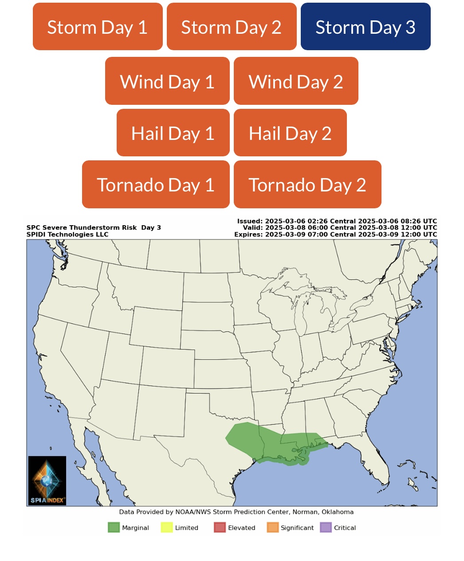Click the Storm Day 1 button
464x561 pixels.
[98, 27]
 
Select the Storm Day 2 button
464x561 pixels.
[232, 27]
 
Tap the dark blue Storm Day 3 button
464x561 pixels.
[366, 27]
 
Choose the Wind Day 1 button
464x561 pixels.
[167, 81]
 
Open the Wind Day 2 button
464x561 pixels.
[296, 81]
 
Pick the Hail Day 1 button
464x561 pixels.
[173, 133]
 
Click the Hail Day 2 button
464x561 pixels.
[290, 133]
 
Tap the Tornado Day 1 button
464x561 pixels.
[156, 184]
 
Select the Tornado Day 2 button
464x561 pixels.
[307, 184]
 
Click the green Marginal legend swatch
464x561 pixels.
[114, 527]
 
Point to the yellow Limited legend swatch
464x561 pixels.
[167, 527]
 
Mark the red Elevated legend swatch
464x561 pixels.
[220, 527]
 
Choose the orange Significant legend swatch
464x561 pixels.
[273, 527]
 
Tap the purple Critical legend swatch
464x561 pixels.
[326, 527]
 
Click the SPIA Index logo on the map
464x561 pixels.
[47, 481]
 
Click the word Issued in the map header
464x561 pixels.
[250, 221]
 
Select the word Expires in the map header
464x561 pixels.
[248, 234]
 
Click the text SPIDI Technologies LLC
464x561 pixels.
[67, 234]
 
